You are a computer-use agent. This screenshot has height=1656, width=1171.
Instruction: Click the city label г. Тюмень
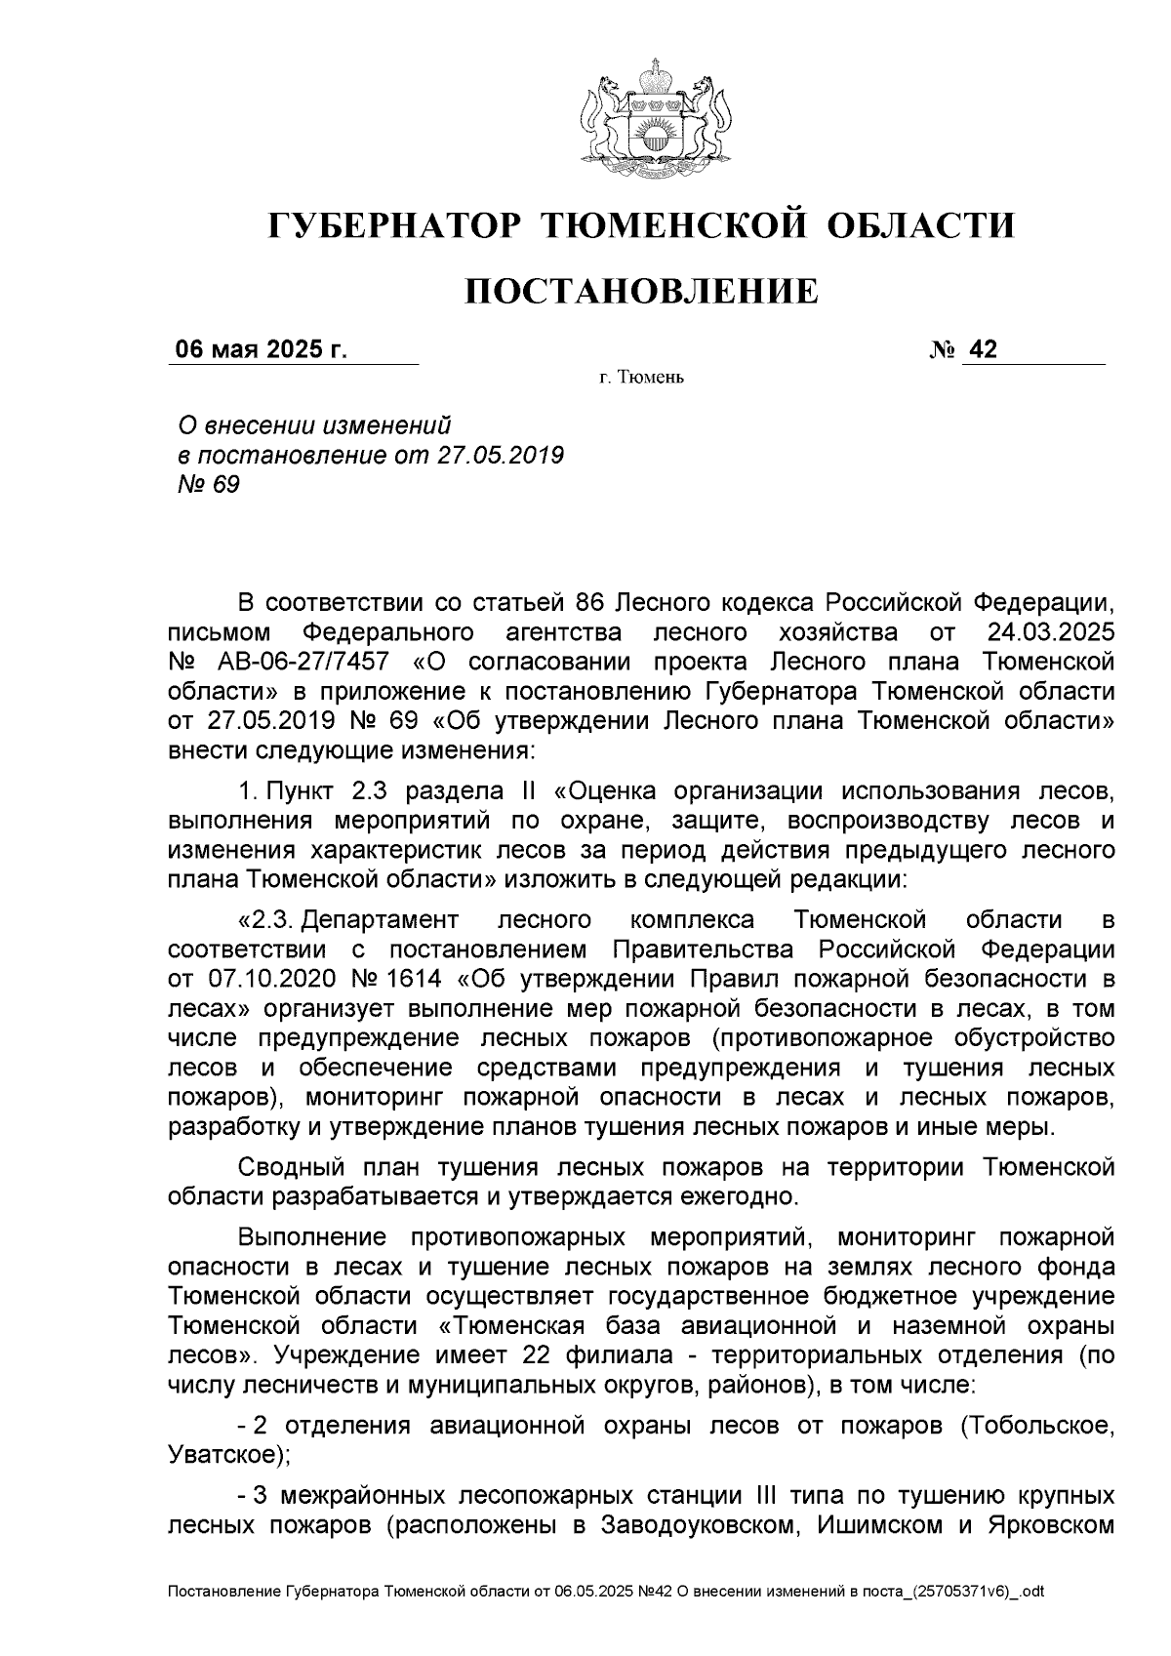pyautogui.click(x=641, y=378)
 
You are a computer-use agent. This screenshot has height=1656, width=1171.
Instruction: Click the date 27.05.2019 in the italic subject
pyautogui.click(x=501, y=455)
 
